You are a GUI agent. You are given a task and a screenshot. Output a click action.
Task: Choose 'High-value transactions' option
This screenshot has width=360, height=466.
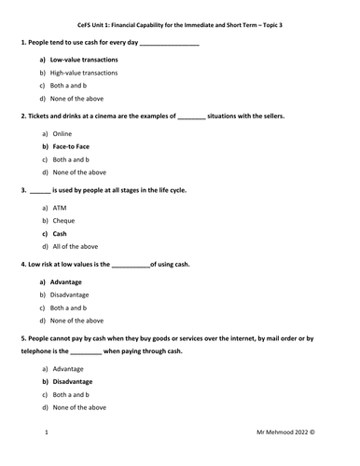(84, 73)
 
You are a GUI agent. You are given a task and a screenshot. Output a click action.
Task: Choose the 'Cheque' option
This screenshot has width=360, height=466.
(63, 221)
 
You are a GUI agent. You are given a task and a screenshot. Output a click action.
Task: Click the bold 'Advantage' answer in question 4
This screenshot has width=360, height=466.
(66, 281)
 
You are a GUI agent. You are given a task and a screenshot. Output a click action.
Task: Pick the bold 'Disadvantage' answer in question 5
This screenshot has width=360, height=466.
(72, 381)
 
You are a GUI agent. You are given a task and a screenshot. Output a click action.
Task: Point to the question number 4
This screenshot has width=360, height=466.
(22, 264)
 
